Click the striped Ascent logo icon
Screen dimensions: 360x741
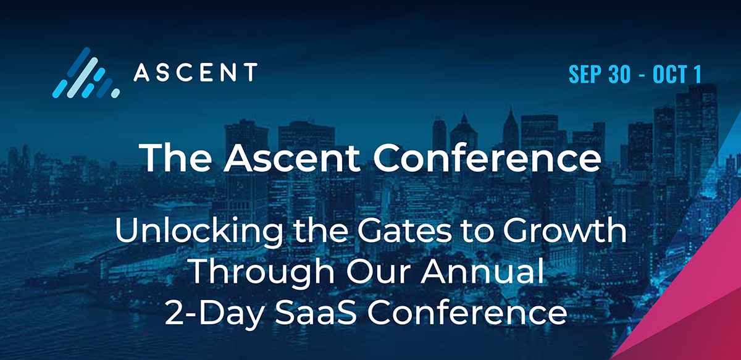(85, 73)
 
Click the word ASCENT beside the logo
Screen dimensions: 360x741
(195, 73)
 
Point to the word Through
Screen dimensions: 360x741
(247, 273)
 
